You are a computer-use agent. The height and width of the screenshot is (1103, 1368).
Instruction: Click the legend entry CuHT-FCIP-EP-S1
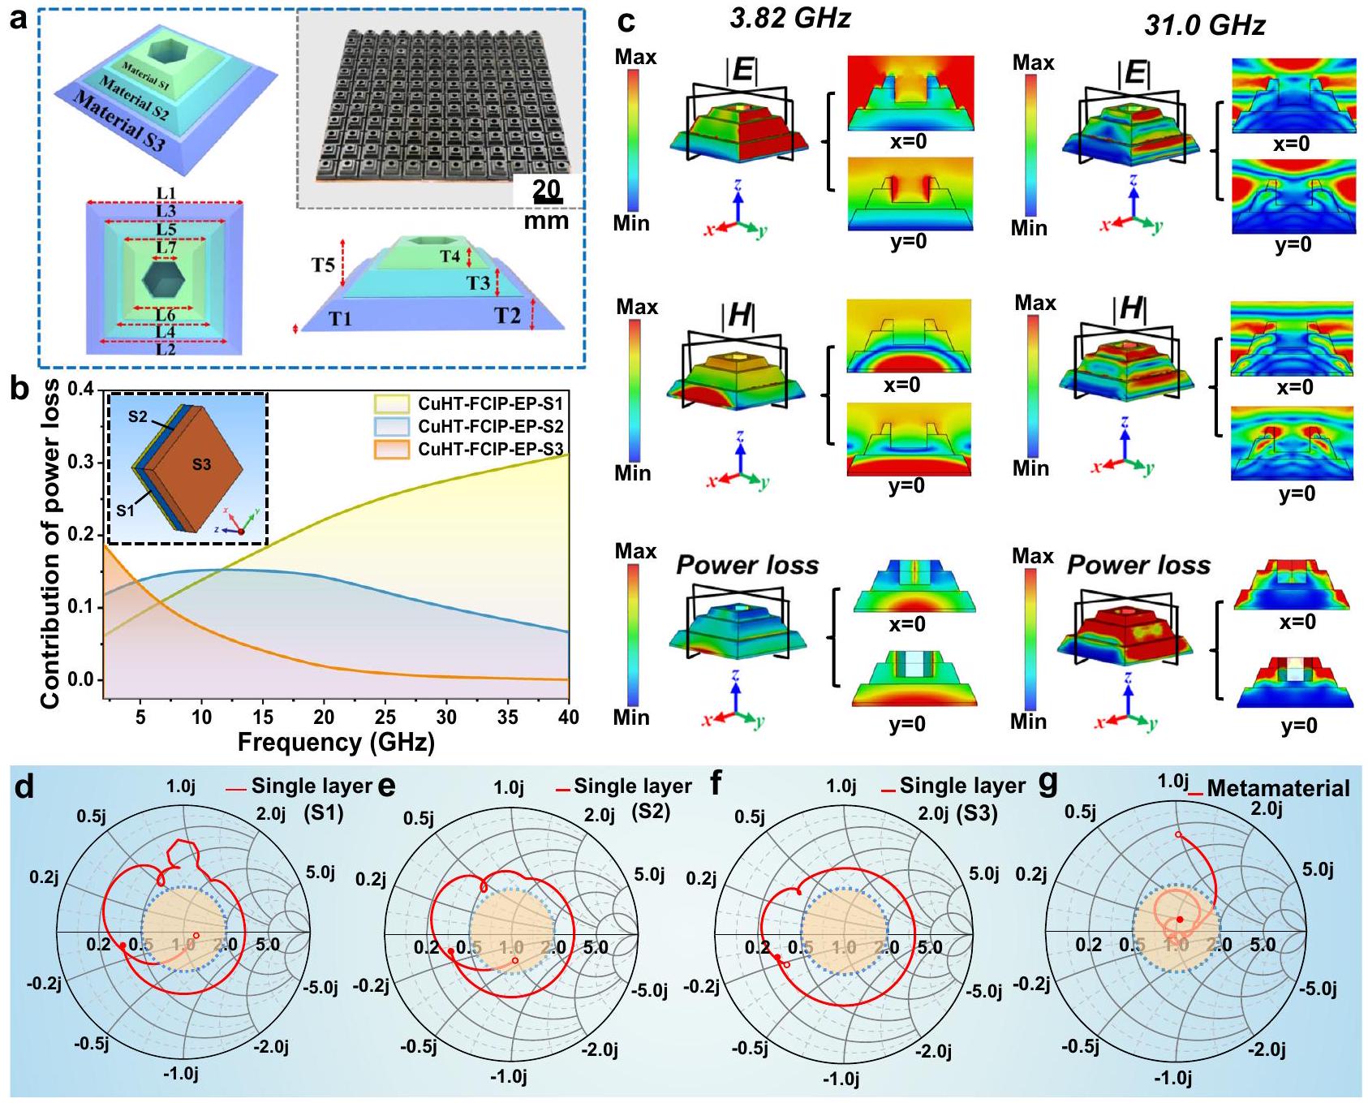[x=490, y=403]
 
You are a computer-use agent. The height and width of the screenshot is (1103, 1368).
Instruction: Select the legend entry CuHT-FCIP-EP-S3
[x=490, y=449]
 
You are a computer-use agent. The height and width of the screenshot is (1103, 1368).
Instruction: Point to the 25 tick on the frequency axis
[x=385, y=717]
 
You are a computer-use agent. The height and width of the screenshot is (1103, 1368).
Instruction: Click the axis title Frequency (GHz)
[x=336, y=742]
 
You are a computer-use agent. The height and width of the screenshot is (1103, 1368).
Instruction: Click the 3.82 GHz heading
[x=789, y=19]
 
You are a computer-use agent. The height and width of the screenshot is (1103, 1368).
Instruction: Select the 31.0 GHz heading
[x=1204, y=25]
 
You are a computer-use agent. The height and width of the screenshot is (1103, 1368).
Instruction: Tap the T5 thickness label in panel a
[x=323, y=265]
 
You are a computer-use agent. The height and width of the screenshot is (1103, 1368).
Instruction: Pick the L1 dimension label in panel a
[x=166, y=193]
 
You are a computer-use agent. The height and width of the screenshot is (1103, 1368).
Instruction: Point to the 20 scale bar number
[x=546, y=189]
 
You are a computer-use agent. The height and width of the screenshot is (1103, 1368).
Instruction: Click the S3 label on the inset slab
[x=201, y=464]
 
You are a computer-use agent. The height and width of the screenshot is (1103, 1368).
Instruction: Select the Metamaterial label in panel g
[x=1278, y=788]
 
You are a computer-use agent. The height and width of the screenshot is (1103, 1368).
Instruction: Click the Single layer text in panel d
[x=311, y=786]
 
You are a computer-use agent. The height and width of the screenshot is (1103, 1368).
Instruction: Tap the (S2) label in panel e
[x=650, y=810]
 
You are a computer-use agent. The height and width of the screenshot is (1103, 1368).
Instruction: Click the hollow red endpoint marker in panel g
[x=1178, y=834]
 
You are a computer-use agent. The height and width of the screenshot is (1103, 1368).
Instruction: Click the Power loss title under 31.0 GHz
[x=1138, y=565]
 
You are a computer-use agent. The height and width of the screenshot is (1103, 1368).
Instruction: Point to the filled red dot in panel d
[x=123, y=946]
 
